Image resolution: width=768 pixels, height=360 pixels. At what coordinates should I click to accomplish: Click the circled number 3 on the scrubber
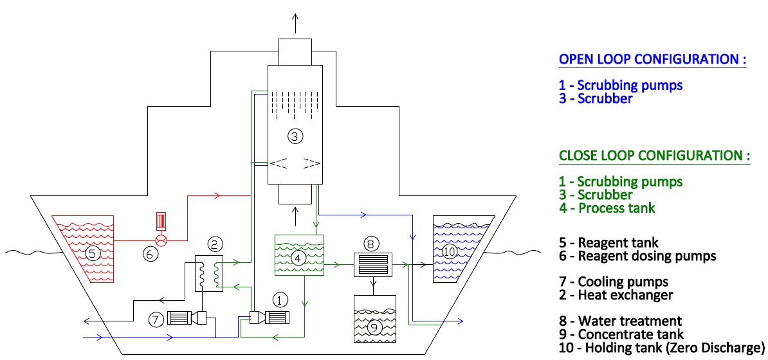[295, 136]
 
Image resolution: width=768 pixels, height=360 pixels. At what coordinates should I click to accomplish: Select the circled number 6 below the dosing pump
[150, 255]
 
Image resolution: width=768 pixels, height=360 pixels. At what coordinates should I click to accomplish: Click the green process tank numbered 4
[299, 256]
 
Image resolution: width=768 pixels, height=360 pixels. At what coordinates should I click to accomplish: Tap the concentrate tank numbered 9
[374, 319]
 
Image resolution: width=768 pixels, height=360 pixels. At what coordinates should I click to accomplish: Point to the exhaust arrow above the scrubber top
[295, 22]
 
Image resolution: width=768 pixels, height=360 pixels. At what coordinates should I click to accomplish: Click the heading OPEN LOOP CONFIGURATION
[652, 59]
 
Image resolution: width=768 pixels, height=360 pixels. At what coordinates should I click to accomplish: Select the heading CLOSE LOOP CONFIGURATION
[654, 156]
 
